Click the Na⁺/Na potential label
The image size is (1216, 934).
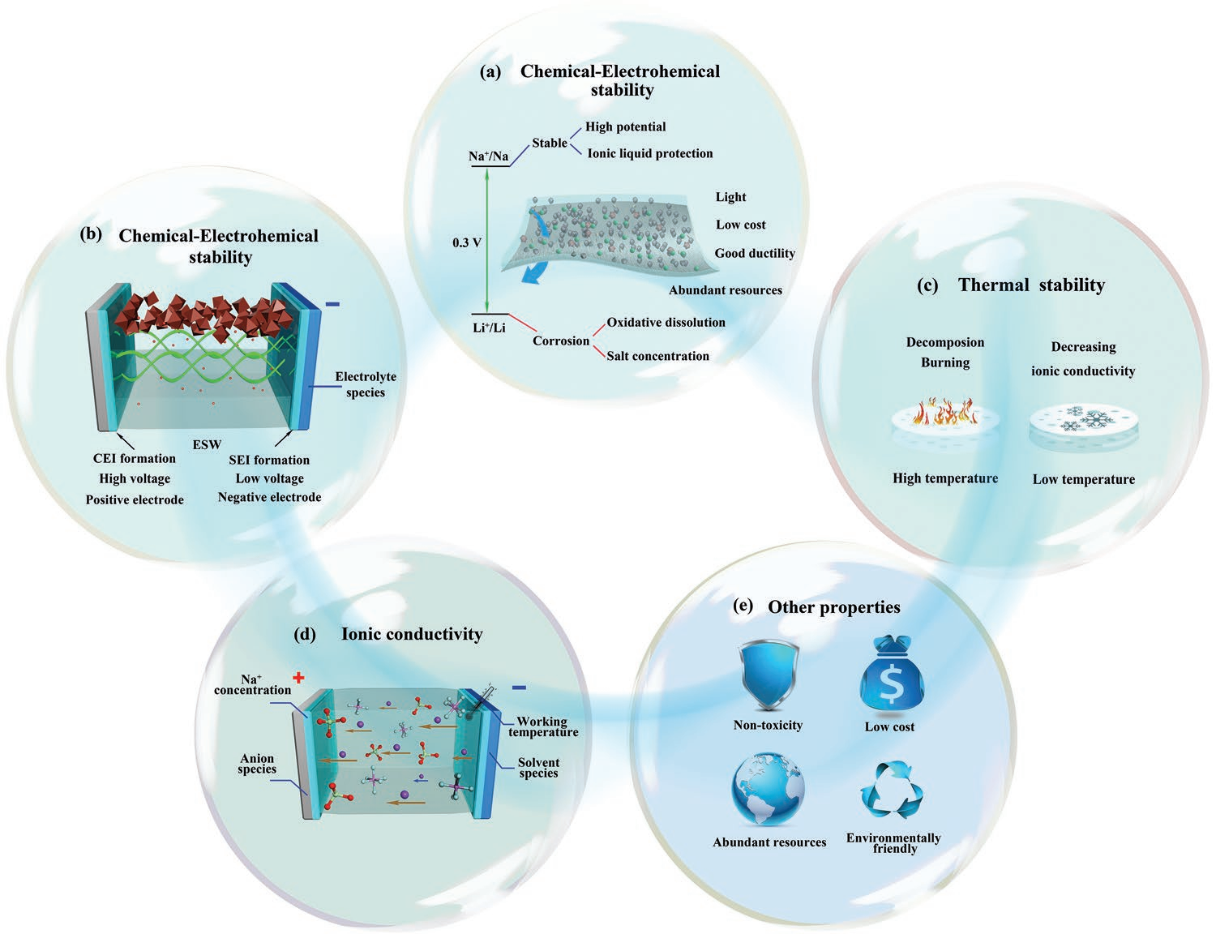tap(489, 156)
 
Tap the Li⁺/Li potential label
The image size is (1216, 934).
tap(489, 328)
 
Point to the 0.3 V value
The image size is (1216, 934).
tap(467, 243)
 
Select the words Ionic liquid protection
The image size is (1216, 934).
tap(649, 153)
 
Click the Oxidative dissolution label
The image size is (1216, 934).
tap(666, 323)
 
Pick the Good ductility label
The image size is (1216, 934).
tap(755, 254)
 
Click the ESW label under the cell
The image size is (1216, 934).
tap(207, 444)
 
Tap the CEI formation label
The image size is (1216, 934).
tap(135, 458)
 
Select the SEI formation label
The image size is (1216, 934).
tap(269, 460)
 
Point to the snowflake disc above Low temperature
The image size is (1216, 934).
tap(1084, 426)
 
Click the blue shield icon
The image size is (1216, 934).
tap(768, 676)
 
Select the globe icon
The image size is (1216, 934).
tap(768, 789)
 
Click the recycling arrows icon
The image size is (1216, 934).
tap(892, 790)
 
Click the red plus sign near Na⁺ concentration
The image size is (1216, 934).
tap(299, 678)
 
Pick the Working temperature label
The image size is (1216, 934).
tap(543, 726)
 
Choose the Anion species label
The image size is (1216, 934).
tap(257, 763)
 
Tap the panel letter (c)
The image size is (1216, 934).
tap(927, 285)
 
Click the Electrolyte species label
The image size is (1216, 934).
tap(366, 384)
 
